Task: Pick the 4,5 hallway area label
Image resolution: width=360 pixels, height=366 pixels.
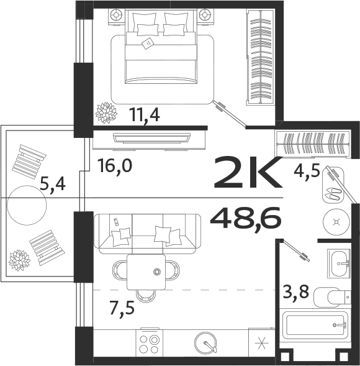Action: coord(307,170)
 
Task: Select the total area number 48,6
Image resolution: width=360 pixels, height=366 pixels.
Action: coord(246,218)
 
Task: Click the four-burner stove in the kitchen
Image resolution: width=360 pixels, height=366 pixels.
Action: coord(150,344)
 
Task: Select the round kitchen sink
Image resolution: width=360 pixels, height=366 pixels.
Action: coord(205,343)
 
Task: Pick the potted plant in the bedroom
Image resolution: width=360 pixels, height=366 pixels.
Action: coord(106,113)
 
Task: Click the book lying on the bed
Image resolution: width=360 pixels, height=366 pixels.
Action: coord(148,43)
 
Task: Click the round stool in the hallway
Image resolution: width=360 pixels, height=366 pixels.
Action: coord(336,221)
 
